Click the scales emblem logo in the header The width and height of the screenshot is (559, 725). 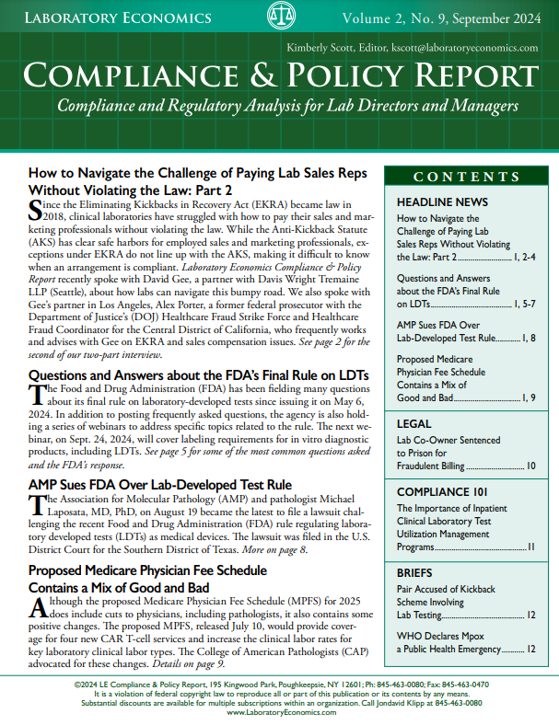click(281, 17)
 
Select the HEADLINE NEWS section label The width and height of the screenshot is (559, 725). click(443, 201)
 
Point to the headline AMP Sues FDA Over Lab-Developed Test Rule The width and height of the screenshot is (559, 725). click(160, 484)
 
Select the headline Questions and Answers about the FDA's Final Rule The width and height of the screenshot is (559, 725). click(199, 375)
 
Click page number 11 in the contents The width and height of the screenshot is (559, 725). click(530, 547)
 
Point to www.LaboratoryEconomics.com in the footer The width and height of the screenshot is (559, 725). click(280, 713)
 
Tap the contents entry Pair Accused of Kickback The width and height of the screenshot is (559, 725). click(446, 589)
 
